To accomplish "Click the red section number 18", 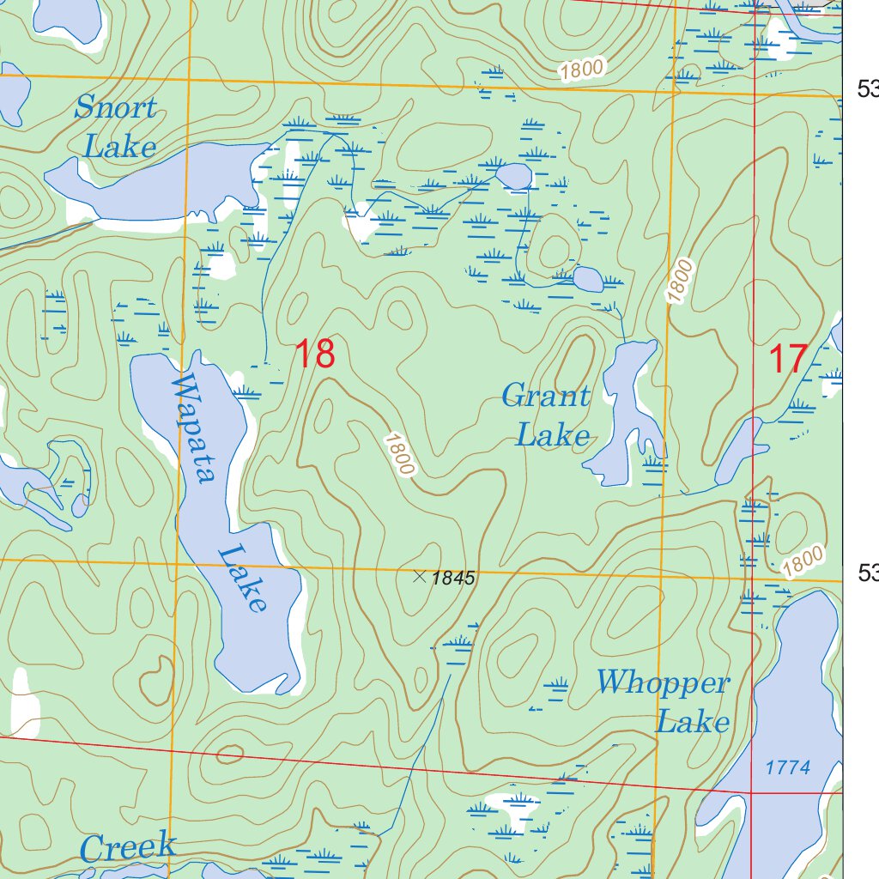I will [314, 354].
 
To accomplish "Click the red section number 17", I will [787, 358].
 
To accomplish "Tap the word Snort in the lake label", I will [116, 109].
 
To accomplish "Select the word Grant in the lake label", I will [546, 397].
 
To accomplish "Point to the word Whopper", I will [663, 683].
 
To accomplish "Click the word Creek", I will [128, 848].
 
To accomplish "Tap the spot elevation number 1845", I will [453, 579].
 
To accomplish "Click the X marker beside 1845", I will [420, 577].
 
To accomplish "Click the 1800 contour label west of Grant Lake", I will [400, 453].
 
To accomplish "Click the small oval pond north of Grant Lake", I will [588, 279].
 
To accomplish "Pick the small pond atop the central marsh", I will [514, 176].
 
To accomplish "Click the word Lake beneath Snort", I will [120, 147].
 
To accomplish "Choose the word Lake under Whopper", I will [693, 722].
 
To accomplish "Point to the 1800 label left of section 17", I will [678, 281].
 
